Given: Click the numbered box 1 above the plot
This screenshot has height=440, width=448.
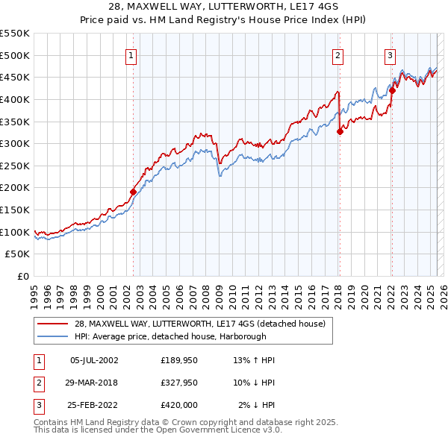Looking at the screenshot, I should (131, 54).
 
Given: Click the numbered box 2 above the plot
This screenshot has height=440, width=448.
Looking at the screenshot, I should (338, 54).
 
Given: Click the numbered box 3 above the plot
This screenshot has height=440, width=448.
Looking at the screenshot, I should (391, 54).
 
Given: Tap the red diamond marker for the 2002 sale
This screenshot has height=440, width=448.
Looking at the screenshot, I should (134, 192).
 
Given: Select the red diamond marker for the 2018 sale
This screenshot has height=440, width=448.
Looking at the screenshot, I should (340, 131).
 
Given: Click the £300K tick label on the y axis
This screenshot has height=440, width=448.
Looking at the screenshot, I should (16, 143).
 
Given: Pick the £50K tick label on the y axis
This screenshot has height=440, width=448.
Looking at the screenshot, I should (19, 254).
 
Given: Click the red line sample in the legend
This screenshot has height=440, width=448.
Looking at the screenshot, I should (52, 324).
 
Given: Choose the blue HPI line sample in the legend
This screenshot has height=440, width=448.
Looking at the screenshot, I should (52, 336).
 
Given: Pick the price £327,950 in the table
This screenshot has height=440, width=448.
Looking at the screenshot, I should (179, 383).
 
